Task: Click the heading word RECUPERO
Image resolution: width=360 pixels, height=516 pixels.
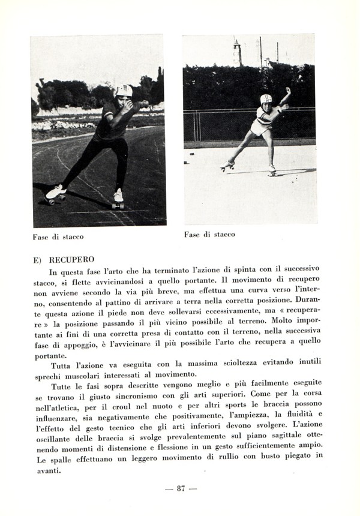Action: click(71, 260)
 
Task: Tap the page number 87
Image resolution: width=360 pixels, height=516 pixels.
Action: click(181, 488)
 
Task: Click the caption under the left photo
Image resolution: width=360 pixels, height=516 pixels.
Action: click(58, 236)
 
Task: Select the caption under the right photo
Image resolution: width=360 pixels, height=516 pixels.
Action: click(209, 235)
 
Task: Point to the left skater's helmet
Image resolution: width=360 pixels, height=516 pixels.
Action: click(124, 90)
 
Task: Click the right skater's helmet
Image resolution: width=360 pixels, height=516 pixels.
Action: click(266, 98)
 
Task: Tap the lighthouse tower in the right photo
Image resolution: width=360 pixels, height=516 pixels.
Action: click(237, 52)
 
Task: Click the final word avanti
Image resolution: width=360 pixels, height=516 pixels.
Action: click(47, 470)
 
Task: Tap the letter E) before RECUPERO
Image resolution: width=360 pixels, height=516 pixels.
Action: click(37, 260)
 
